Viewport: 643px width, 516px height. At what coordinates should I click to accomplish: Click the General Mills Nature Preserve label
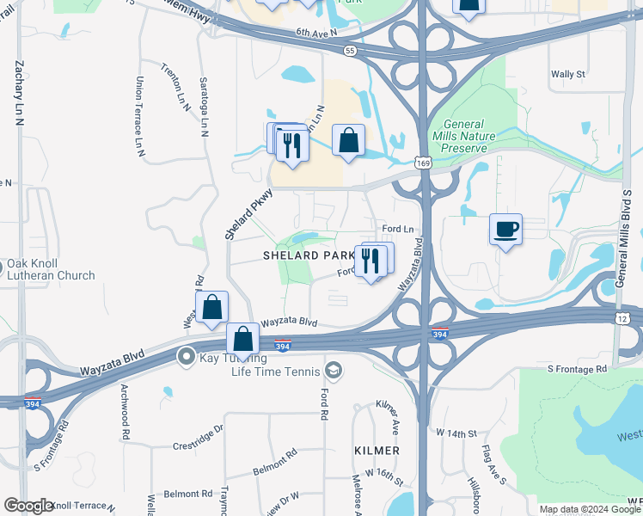(464, 137)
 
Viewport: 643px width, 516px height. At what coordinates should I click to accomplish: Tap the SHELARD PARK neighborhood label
(309, 255)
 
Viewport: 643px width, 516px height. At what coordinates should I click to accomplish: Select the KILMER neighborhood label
(377, 451)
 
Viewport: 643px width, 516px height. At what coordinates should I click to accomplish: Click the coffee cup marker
(506, 230)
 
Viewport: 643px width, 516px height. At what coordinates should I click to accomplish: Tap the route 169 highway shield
(422, 162)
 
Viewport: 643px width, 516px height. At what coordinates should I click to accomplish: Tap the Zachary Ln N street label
(18, 95)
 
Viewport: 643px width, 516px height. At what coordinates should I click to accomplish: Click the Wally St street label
(567, 75)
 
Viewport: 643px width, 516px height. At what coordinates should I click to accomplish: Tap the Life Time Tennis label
(275, 372)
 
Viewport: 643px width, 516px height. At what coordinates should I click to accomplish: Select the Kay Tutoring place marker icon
(185, 355)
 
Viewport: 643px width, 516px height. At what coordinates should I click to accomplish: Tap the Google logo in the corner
(28, 506)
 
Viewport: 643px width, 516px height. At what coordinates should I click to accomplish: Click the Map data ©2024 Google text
(589, 509)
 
